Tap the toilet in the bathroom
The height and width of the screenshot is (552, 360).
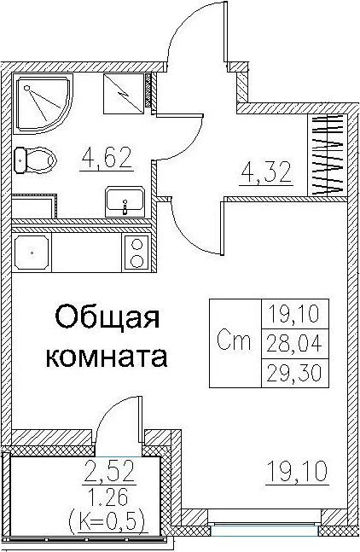[x=35, y=160]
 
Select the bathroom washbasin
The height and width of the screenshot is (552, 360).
[x=125, y=201]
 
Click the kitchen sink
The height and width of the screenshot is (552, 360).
[x=32, y=252]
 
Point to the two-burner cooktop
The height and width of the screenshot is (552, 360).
[x=136, y=252]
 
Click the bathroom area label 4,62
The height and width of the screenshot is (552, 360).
[x=107, y=159]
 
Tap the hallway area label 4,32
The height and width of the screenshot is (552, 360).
[x=266, y=173]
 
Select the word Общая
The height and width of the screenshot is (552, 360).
[x=107, y=318]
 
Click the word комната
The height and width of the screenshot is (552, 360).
[x=107, y=357]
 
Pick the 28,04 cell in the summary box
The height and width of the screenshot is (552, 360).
[x=296, y=344]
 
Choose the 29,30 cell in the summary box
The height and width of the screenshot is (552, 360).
[x=296, y=373]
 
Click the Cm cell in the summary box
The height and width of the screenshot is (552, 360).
[x=235, y=343]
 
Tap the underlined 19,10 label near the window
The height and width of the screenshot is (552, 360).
[x=298, y=472]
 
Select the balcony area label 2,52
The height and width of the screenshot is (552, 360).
[x=109, y=472]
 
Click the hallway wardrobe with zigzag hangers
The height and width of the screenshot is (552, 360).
[x=328, y=155]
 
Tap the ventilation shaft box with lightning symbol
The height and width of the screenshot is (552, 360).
[x=124, y=94]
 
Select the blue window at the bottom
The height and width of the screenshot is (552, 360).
[x=264, y=532]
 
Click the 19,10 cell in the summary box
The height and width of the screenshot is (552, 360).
[x=296, y=314]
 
